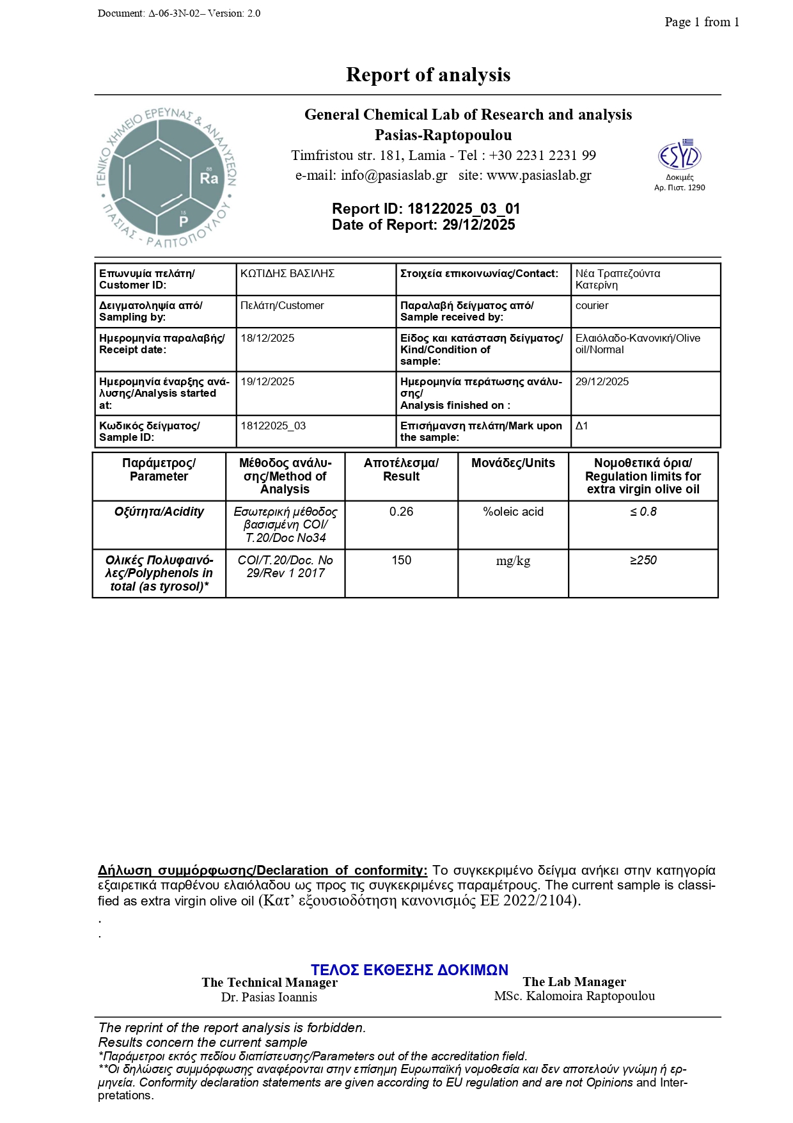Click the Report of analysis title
428,75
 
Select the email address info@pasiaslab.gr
394,175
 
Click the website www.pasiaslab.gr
538,175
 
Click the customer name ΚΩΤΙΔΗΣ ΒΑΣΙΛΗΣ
287,274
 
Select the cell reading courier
592,306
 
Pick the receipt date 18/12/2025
267,338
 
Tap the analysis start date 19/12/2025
267,382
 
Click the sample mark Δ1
581,426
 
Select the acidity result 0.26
401,512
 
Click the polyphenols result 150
401,561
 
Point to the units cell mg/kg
513,561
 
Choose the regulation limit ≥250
643,561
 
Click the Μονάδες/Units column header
513,463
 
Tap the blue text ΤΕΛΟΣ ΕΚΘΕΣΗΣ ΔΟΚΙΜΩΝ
409,970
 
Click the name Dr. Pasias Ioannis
269,997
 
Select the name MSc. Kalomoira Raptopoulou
574,996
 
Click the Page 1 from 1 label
702,22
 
